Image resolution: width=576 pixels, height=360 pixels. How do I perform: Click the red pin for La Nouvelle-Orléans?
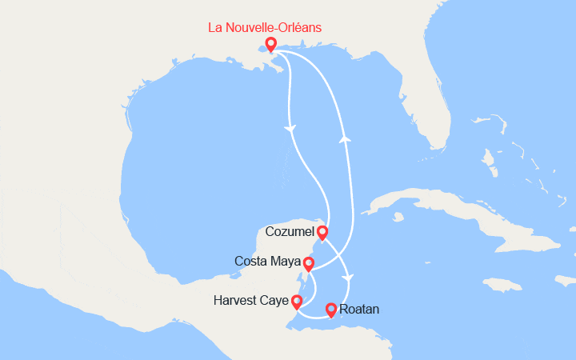tap(271, 43)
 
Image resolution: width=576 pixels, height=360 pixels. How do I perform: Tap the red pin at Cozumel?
tap(322, 232)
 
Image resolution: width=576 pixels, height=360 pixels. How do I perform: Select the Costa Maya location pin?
tap(309, 263)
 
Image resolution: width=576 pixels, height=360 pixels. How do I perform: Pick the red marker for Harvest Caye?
tap(297, 301)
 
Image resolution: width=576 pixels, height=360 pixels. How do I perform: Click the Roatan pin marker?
tap(331, 309)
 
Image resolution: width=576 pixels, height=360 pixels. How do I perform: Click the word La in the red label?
tap(215, 27)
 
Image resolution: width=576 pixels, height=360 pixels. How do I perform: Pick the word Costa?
tap(250, 261)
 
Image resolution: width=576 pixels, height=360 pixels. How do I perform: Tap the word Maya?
tap(286, 262)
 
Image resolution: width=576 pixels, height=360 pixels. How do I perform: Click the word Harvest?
tap(238, 301)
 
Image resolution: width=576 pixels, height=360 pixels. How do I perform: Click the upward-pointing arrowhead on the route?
tap(346, 138)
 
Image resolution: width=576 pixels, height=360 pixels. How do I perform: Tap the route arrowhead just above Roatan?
tap(347, 278)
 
